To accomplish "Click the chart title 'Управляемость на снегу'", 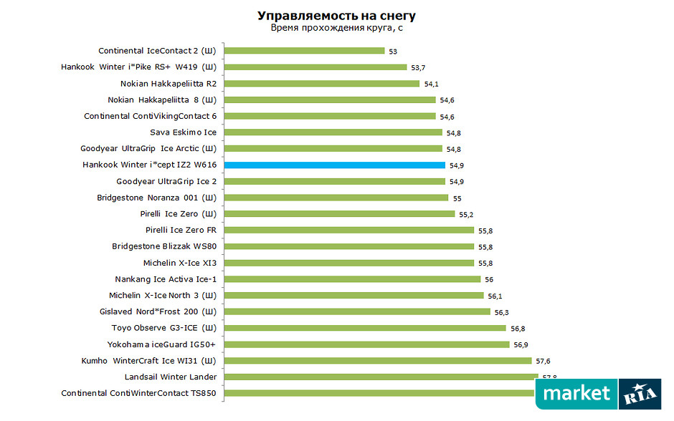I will click(336, 16).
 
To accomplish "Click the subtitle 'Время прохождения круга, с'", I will click(336, 28).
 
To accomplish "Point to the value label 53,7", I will click(419, 67).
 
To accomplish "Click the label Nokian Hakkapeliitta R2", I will click(168, 83).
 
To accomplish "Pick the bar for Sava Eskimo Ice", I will click(333, 132).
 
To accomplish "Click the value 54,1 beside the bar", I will click(432, 84).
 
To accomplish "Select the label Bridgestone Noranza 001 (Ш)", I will click(156, 197).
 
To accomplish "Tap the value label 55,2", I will click(467, 214).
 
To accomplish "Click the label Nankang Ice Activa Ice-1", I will click(166, 279).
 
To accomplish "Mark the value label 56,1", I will click(495, 296).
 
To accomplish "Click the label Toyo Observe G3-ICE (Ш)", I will click(164, 328).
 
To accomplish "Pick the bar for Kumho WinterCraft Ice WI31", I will click(378, 360).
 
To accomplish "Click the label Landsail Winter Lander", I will click(171, 377).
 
